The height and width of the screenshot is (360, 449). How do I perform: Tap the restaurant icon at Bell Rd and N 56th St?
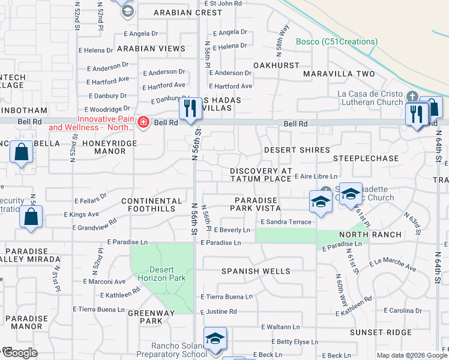[190, 109]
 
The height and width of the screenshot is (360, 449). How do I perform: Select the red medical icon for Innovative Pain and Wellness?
[143, 123]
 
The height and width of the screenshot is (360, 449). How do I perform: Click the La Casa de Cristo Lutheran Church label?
[370, 98]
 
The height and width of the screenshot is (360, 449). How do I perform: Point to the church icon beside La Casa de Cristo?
[412, 97]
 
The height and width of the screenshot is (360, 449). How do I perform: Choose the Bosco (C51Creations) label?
[337, 41]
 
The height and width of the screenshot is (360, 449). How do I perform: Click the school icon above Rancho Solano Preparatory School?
[214, 338]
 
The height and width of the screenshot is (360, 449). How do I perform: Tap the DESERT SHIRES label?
[297, 150]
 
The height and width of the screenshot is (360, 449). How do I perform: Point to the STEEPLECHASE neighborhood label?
[366, 158]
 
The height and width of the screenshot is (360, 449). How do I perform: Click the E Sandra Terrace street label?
[286, 222]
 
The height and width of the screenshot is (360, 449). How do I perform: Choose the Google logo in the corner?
[20, 353]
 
